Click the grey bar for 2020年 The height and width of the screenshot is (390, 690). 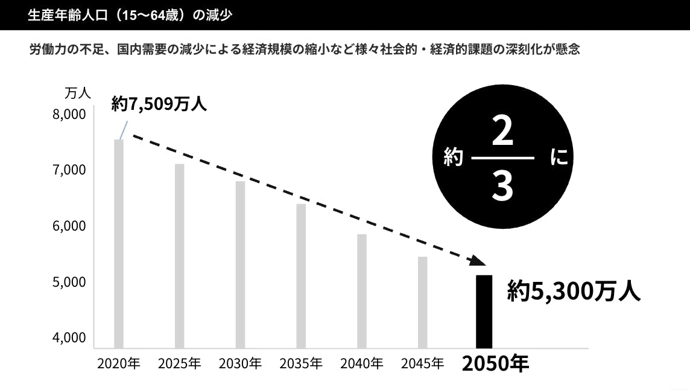pyautogui.click(x=119, y=244)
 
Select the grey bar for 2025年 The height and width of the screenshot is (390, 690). pyautogui.click(x=179, y=256)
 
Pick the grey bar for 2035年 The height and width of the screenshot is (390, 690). pyautogui.click(x=301, y=276)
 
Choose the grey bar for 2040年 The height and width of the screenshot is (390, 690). pyautogui.click(x=361, y=291)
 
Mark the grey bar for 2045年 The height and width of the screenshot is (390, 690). pyautogui.click(x=422, y=302)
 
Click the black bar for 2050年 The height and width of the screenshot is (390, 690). pyautogui.click(x=484, y=312)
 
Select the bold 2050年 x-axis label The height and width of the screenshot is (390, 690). pyautogui.click(x=495, y=364)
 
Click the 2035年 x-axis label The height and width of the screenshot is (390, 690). pyautogui.click(x=301, y=364)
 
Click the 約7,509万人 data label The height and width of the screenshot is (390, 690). pyautogui.click(x=159, y=104)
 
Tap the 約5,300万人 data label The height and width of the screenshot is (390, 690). pyautogui.click(x=573, y=291)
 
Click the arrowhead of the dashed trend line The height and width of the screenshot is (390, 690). pyautogui.click(x=477, y=260)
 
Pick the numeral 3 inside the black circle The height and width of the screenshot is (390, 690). pyautogui.click(x=502, y=187)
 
